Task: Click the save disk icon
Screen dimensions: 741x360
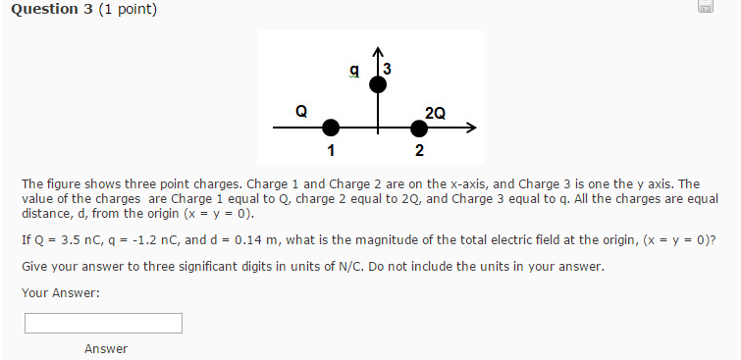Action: (x=705, y=8)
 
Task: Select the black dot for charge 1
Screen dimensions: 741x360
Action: (x=331, y=128)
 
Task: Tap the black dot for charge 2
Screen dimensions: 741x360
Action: (x=419, y=128)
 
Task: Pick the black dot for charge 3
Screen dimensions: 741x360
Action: (x=377, y=85)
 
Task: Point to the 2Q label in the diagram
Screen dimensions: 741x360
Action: (x=435, y=113)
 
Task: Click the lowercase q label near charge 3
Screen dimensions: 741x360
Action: (x=354, y=71)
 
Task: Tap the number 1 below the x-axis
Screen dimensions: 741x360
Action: (x=331, y=151)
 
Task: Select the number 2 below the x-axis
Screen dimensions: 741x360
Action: (x=419, y=151)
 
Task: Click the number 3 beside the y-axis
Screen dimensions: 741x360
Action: (x=389, y=69)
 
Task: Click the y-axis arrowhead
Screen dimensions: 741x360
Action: (x=377, y=49)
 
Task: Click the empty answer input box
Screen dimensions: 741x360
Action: (x=103, y=323)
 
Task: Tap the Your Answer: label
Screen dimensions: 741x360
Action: (x=60, y=292)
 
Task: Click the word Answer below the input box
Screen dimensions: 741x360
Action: (x=106, y=349)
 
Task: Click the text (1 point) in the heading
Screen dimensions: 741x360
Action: (x=128, y=10)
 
